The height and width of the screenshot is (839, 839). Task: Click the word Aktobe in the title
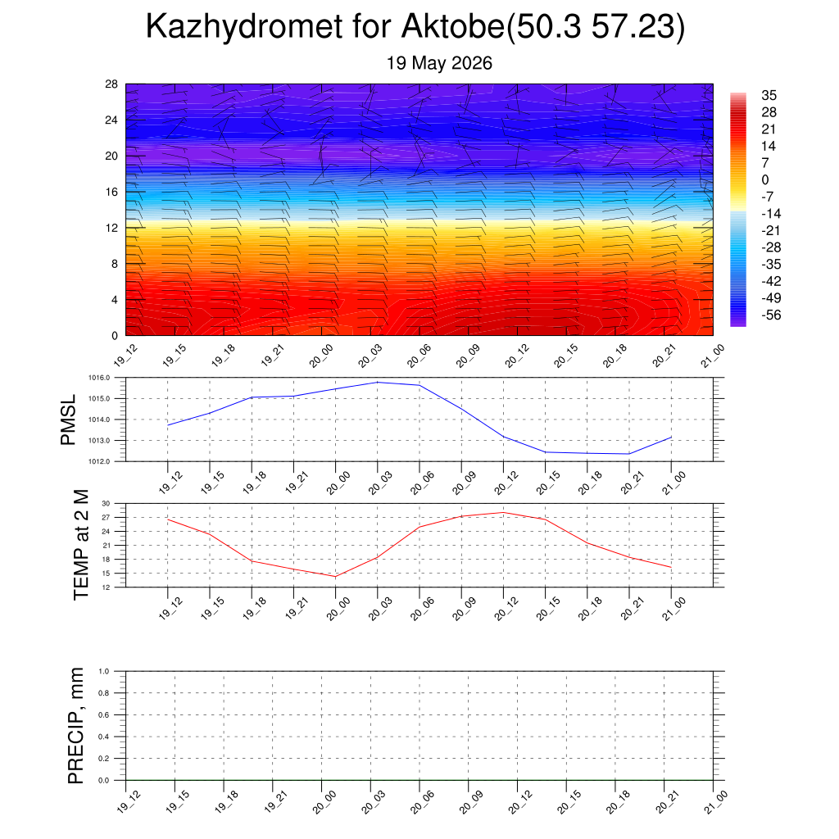pyautogui.click(x=453, y=25)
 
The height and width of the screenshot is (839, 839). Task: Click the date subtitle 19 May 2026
pyautogui.click(x=439, y=63)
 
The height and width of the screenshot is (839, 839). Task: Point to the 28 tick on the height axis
pyautogui.click(x=111, y=84)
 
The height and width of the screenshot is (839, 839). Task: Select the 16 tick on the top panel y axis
pyautogui.click(x=111, y=192)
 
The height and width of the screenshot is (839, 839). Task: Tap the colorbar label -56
pyautogui.click(x=771, y=315)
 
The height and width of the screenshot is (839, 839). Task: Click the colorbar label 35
pyautogui.click(x=769, y=95)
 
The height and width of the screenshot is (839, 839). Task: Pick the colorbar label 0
pyautogui.click(x=765, y=179)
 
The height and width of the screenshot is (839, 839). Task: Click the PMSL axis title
pyautogui.click(x=68, y=420)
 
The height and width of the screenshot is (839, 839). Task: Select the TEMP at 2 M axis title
pyautogui.click(x=81, y=545)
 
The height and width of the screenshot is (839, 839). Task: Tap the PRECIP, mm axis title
pyautogui.click(x=75, y=726)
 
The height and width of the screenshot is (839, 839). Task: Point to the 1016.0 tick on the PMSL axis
pyautogui.click(x=99, y=378)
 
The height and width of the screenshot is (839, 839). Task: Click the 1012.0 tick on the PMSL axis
pyautogui.click(x=99, y=461)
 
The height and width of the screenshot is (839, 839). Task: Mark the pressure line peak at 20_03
pyautogui.click(x=378, y=382)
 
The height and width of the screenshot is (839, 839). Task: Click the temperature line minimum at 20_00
pyautogui.click(x=335, y=576)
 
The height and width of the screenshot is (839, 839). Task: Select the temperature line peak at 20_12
pyautogui.click(x=504, y=513)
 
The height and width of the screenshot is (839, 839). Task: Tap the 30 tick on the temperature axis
pyautogui.click(x=106, y=504)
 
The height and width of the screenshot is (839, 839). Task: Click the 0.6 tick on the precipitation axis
pyautogui.click(x=104, y=714)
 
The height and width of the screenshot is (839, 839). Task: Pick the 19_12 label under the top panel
pyautogui.click(x=125, y=356)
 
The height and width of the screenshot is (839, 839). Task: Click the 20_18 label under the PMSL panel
pyautogui.click(x=590, y=482)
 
